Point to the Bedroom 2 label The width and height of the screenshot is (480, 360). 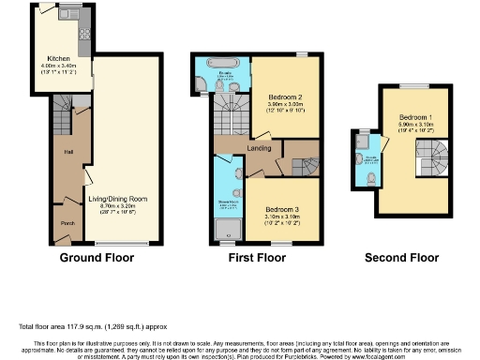285,97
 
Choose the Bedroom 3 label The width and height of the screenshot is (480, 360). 283,208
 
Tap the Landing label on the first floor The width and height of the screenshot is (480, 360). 259,147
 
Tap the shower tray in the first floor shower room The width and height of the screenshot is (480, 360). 226,229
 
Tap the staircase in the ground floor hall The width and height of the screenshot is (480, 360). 66,116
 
